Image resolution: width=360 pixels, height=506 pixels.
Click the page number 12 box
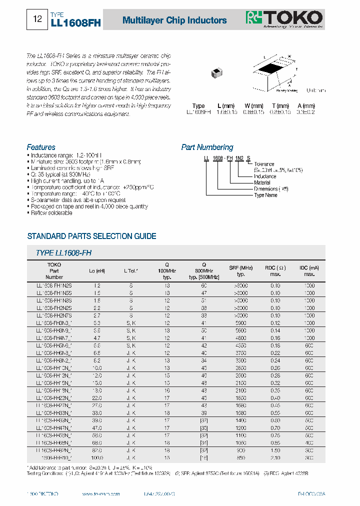pos(37,19)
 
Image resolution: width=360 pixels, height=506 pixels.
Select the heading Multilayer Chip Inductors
pos(174,20)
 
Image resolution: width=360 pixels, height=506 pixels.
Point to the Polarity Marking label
pos(286,90)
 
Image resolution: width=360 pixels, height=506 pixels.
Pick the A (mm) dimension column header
pos(306,106)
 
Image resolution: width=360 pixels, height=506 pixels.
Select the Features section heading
pos(41,147)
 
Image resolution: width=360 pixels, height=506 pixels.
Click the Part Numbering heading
pos(207,147)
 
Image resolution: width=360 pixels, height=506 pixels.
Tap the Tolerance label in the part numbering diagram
pos(264,164)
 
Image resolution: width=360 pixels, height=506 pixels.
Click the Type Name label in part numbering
pos(266,195)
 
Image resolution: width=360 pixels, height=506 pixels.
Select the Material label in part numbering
pos(262,182)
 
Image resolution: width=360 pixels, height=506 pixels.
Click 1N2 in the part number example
pos(239,158)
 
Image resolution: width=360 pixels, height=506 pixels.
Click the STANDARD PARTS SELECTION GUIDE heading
pos(91,236)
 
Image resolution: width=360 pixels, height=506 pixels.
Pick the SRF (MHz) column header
pos(241,267)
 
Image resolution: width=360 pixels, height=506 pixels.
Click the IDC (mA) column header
pos(309,267)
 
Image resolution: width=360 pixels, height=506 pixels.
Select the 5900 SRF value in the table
pos(241,323)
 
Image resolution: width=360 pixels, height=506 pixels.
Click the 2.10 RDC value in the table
pos(275,457)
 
